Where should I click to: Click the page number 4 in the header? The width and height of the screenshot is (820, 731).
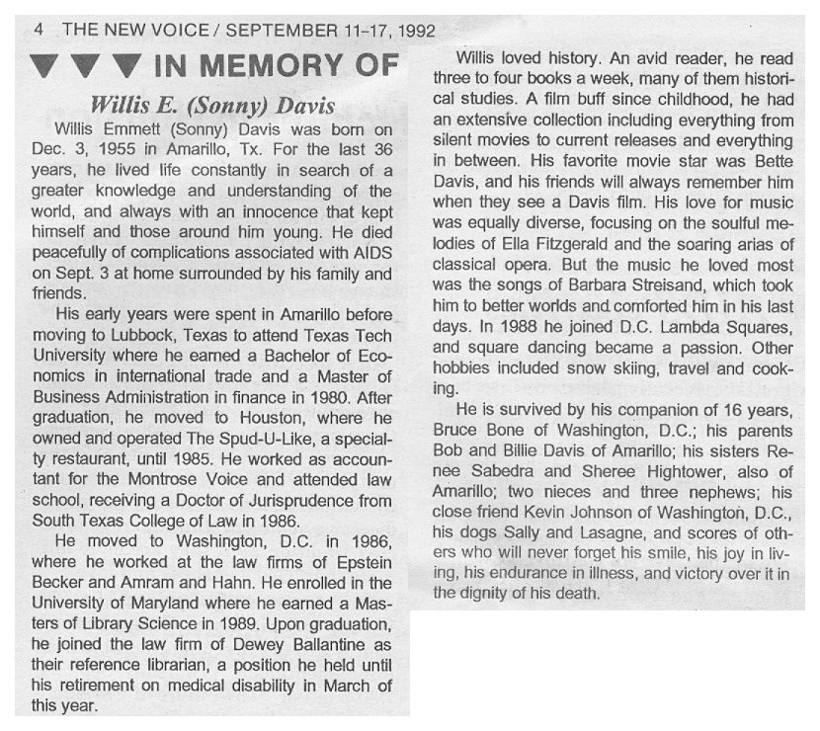pos(38,29)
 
